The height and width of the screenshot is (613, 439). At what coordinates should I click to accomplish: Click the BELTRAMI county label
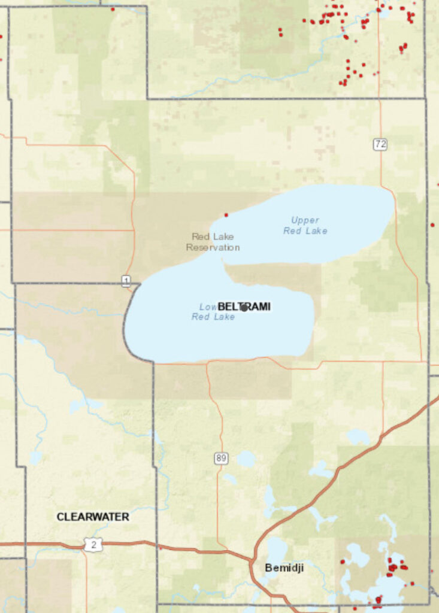coord(244,306)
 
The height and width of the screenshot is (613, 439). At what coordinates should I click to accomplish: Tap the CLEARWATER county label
coord(93,516)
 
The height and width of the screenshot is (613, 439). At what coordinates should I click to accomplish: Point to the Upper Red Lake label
coord(305,225)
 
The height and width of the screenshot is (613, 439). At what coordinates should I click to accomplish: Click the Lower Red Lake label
coord(213,312)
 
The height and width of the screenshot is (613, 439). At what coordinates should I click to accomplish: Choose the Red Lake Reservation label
coord(213,242)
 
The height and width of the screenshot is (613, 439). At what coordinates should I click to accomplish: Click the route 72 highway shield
coord(380,144)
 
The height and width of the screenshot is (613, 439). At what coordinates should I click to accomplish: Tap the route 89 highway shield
coord(221,459)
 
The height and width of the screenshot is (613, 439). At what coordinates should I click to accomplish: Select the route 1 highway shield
coord(126,281)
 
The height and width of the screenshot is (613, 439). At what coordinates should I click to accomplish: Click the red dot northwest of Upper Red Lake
coord(226,214)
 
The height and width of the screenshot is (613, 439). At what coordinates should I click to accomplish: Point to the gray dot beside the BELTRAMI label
coord(244,308)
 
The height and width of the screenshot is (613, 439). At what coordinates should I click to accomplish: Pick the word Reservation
coord(213,247)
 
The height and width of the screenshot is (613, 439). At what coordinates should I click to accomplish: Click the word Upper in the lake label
coord(305,220)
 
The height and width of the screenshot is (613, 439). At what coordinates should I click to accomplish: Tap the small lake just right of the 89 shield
coord(245,459)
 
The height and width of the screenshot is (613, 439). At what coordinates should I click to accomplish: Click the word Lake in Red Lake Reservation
coord(223,236)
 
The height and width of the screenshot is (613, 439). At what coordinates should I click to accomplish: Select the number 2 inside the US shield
coord(94,545)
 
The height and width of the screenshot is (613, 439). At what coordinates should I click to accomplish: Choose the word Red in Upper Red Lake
coord(292,230)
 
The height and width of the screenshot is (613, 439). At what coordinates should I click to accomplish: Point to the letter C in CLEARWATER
coord(60,516)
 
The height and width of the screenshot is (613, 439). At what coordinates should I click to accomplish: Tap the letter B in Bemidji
coord(268,568)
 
